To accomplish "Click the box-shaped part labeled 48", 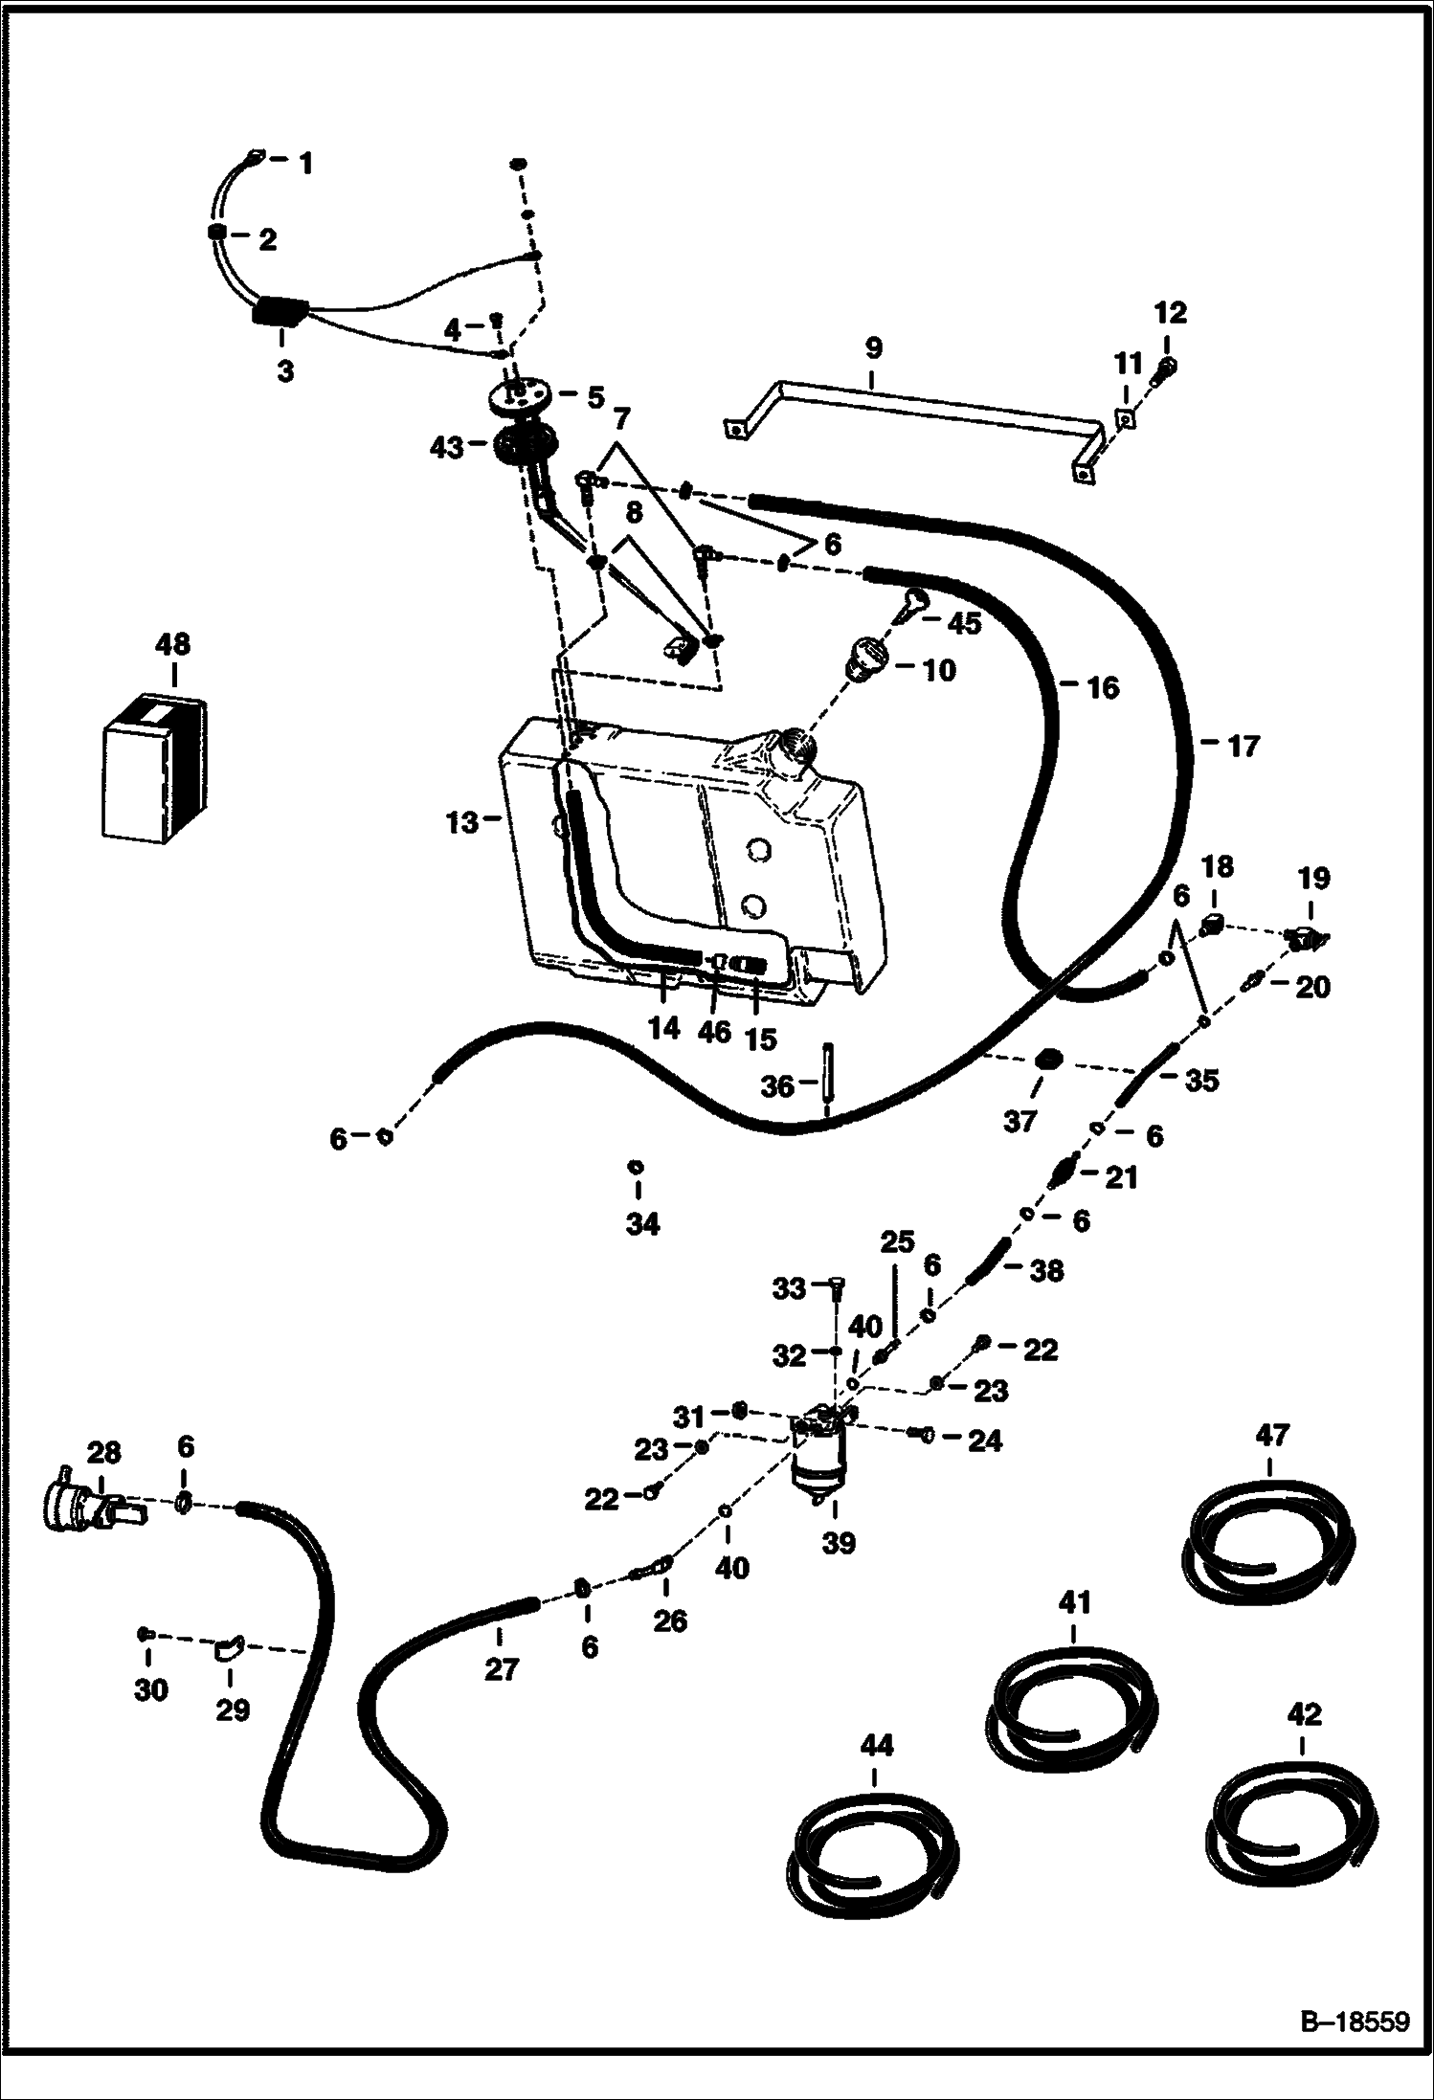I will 153,768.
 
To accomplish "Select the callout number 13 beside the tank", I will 462,821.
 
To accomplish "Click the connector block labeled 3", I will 280,313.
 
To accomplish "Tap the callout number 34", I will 642,1223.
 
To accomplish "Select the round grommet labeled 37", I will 1047,1060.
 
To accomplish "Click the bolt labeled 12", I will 1166,368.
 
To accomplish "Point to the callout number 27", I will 501,1669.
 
